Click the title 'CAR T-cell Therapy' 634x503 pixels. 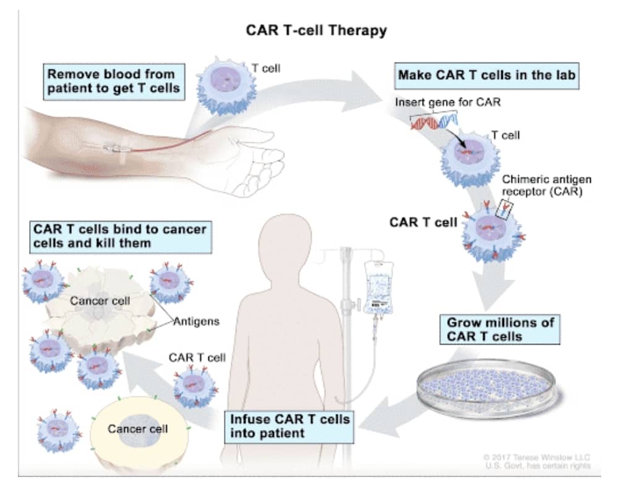coord(316,30)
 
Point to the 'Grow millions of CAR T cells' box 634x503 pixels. coord(500,329)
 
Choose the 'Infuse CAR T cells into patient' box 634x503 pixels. coord(289,426)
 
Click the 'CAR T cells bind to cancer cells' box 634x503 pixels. coord(119,236)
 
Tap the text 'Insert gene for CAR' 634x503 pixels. coord(447,102)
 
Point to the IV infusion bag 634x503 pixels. coord(379,285)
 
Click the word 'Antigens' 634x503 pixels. coord(197,322)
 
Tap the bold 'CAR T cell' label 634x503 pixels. coord(423,222)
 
